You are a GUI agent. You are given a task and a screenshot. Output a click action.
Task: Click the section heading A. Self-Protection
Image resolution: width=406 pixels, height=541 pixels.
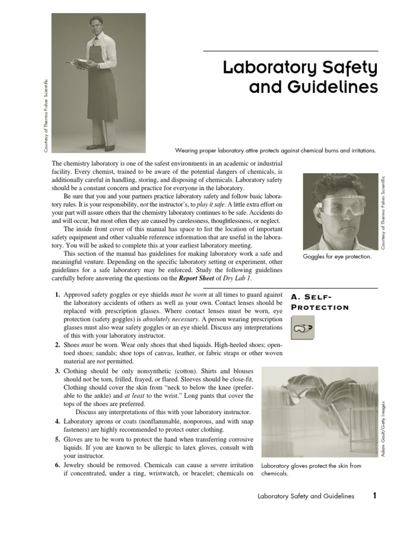(x=320, y=302)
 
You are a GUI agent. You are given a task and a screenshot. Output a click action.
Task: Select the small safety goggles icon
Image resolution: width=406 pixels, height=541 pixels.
(x=302, y=328)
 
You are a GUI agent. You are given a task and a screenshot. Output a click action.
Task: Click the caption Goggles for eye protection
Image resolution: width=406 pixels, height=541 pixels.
(x=337, y=257)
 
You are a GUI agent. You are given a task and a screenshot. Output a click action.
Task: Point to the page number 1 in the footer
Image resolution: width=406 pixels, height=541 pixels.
(x=374, y=496)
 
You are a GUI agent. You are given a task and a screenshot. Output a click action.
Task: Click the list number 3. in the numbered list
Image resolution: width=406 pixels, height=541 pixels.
(x=57, y=371)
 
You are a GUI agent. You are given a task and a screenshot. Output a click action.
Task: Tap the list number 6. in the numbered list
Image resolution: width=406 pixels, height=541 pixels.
(x=57, y=465)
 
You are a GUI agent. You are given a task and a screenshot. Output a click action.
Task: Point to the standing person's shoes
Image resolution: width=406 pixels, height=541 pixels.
(x=100, y=147)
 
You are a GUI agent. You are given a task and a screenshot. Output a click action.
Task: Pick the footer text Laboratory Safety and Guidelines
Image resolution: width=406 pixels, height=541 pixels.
(x=305, y=497)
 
